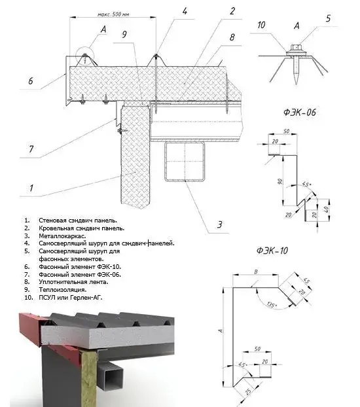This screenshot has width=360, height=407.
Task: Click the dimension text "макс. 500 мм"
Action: click(113, 14)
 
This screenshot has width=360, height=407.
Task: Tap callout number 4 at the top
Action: click(185, 11)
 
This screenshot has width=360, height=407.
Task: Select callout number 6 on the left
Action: click(31, 80)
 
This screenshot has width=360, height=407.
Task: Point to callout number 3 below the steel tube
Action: click(220, 224)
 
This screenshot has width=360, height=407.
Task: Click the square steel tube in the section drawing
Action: click(185, 161)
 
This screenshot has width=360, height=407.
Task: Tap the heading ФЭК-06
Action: click(300, 112)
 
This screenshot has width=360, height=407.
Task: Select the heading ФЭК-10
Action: click(272, 251)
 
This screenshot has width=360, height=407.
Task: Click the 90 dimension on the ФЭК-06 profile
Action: click(279, 181)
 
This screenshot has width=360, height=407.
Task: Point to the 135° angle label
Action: click(271, 305)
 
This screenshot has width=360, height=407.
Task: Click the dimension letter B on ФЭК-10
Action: click(256, 272)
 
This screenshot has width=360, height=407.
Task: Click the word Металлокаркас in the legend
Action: click(62, 236)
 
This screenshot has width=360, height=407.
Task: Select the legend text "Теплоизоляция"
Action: click(63, 290)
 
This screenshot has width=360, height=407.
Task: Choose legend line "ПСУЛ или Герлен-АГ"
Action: click(71, 298)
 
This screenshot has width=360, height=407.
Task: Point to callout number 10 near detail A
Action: click(261, 25)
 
